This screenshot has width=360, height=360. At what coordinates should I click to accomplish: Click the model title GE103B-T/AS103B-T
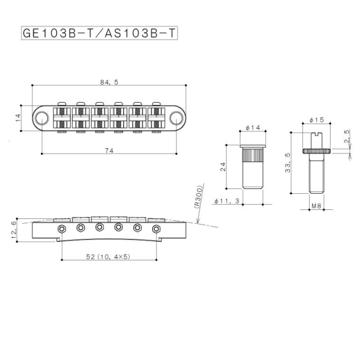click(x=99, y=33)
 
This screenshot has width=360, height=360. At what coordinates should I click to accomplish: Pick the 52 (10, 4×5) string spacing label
click(x=109, y=257)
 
